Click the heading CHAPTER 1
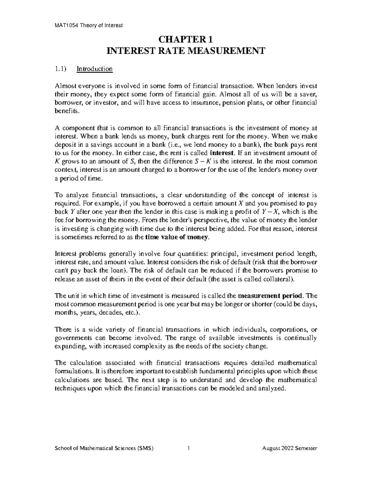(x=186, y=39)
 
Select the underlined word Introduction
(x=95, y=69)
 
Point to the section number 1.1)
(x=60, y=69)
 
